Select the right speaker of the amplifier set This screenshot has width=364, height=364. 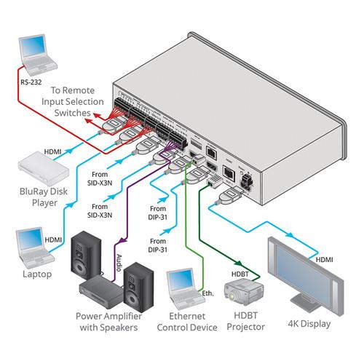138,284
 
